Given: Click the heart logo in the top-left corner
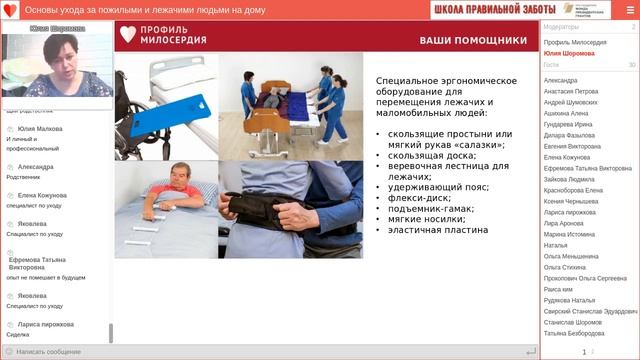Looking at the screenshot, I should point(9,9).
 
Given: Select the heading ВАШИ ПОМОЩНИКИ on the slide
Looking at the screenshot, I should point(473,41).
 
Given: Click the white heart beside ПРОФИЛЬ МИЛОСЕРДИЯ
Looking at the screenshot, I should point(126,35).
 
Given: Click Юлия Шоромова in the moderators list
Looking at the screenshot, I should point(569,53).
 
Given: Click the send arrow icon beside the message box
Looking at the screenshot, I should point(530,352).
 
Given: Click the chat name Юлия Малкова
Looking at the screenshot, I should point(40,129).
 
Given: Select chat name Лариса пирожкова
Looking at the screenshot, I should point(46,325).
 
